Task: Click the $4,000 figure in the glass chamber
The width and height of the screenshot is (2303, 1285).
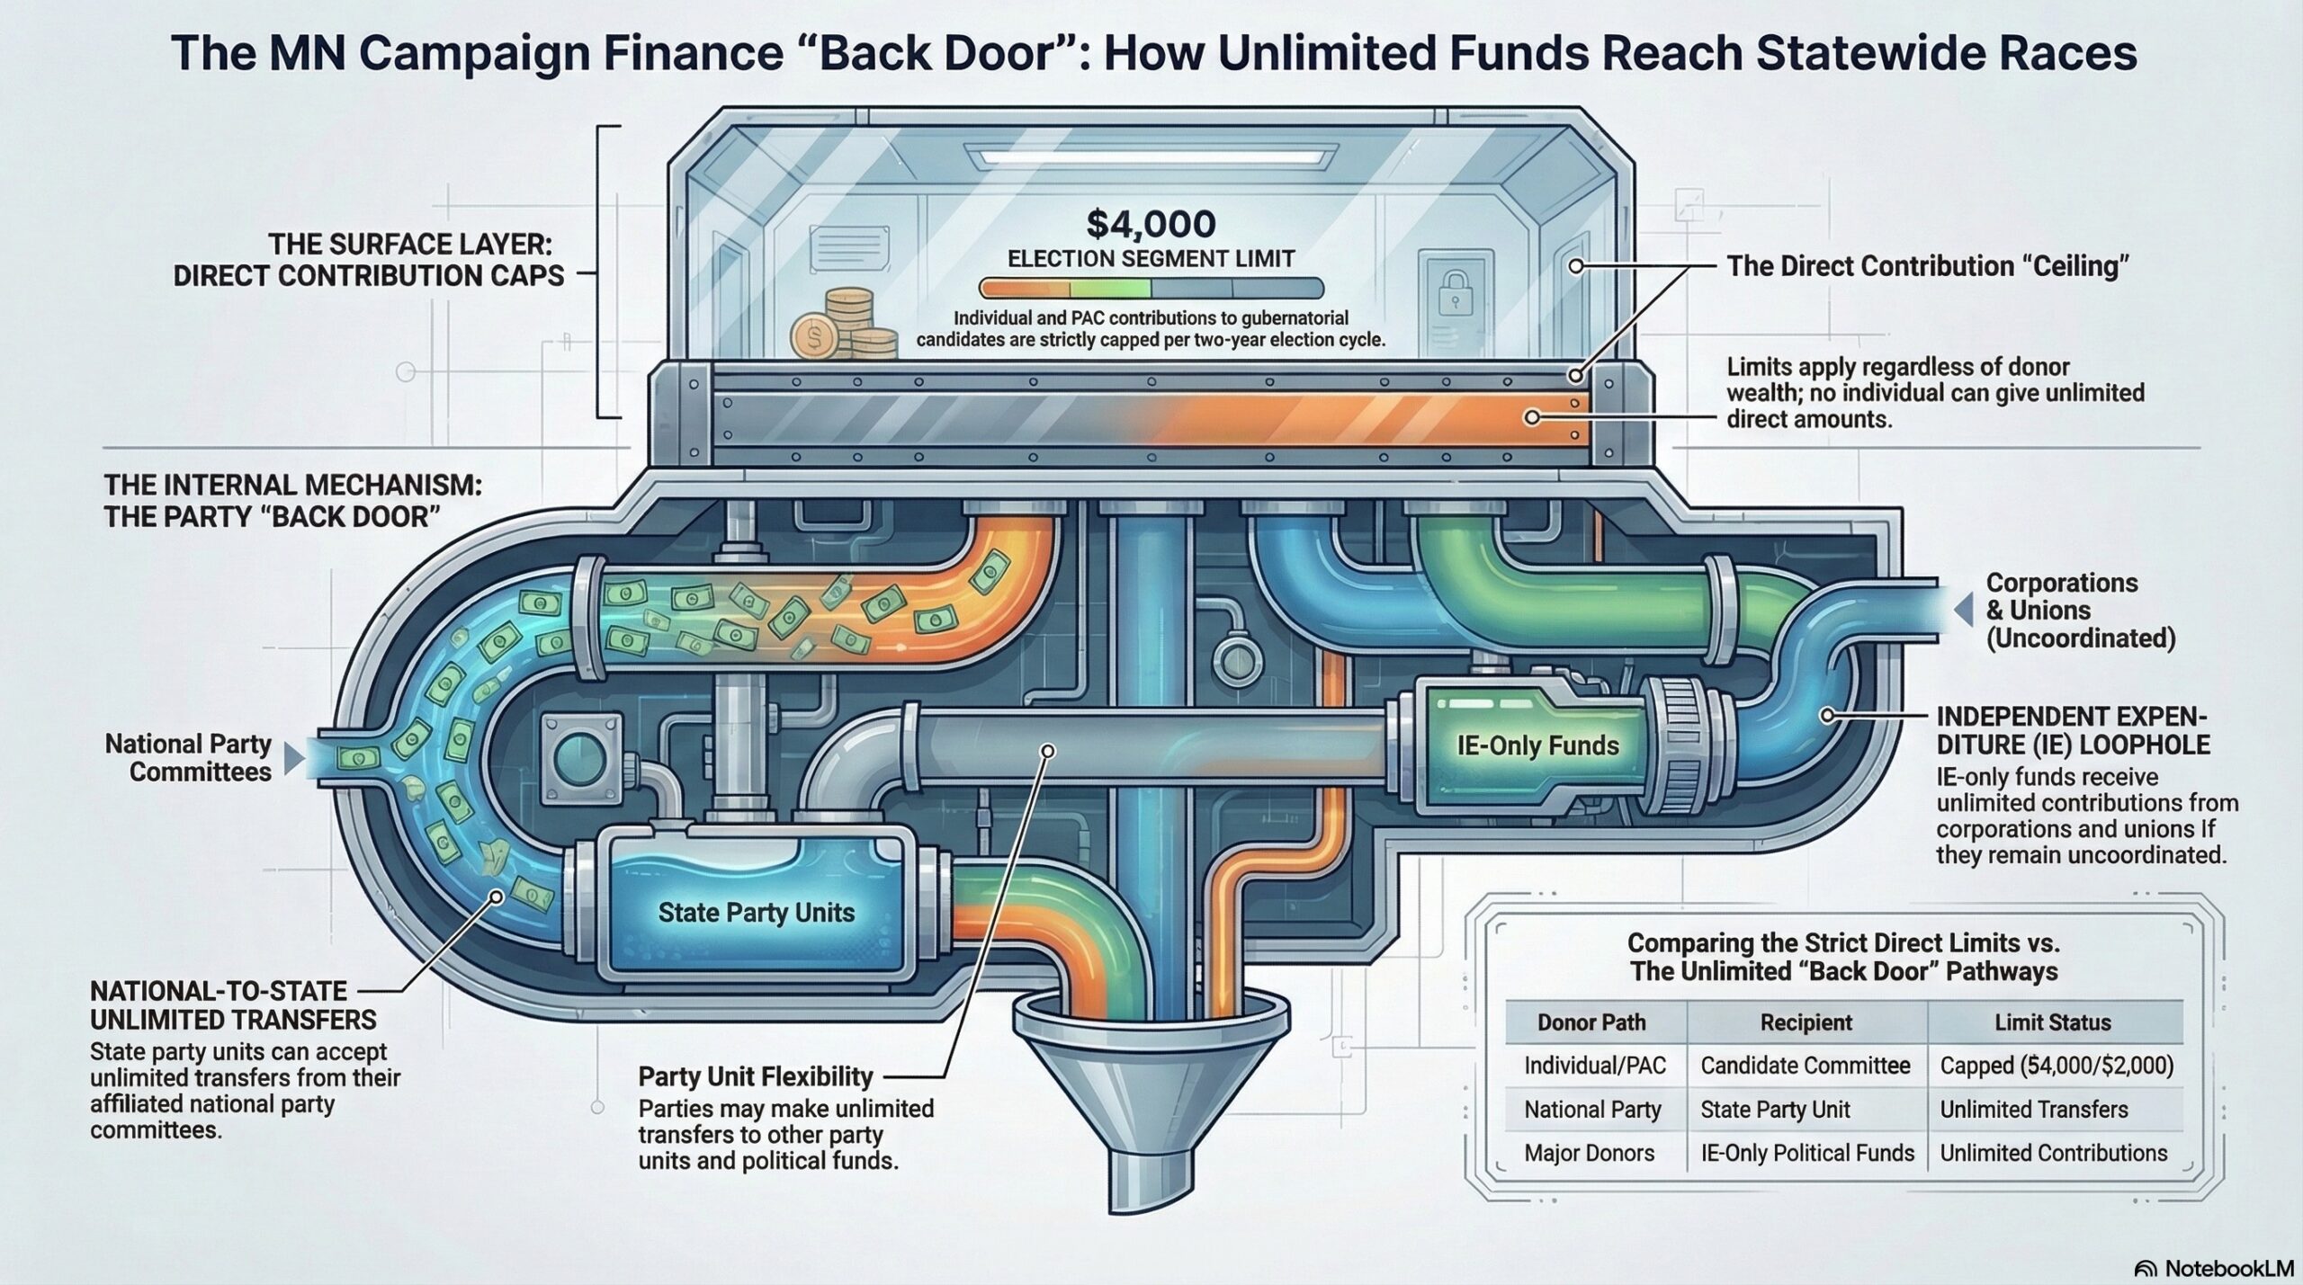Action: tap(1151, 223)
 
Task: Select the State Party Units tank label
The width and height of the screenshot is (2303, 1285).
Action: tap(756, 913)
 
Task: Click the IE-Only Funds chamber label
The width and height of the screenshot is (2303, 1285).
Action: tap(1537, 745)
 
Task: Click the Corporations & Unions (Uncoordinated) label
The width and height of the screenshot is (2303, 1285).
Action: tap(2080, 611)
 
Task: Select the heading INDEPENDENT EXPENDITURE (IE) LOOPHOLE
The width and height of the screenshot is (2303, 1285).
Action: tap(2073, 730)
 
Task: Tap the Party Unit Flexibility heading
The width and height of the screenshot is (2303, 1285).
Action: tap(756, 1076)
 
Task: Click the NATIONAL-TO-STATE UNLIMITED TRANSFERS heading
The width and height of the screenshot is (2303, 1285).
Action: tap(233, 1005)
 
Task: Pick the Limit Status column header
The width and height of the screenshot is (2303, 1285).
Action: tap(2052, 1022)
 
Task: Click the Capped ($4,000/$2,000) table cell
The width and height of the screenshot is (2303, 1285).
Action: tap(2056, 1066)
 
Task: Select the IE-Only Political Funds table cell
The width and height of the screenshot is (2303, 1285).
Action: tap(1806, 1153)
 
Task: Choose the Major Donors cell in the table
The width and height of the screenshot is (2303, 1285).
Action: tap(1589, 1153)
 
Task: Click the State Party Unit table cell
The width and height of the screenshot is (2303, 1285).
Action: tap(1774, 1110)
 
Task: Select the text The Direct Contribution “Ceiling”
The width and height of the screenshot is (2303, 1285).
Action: tap(1927, 267)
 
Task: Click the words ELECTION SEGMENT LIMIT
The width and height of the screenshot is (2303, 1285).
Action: tap(1151, 259)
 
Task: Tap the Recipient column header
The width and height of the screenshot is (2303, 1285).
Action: tap(1806, 1022)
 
